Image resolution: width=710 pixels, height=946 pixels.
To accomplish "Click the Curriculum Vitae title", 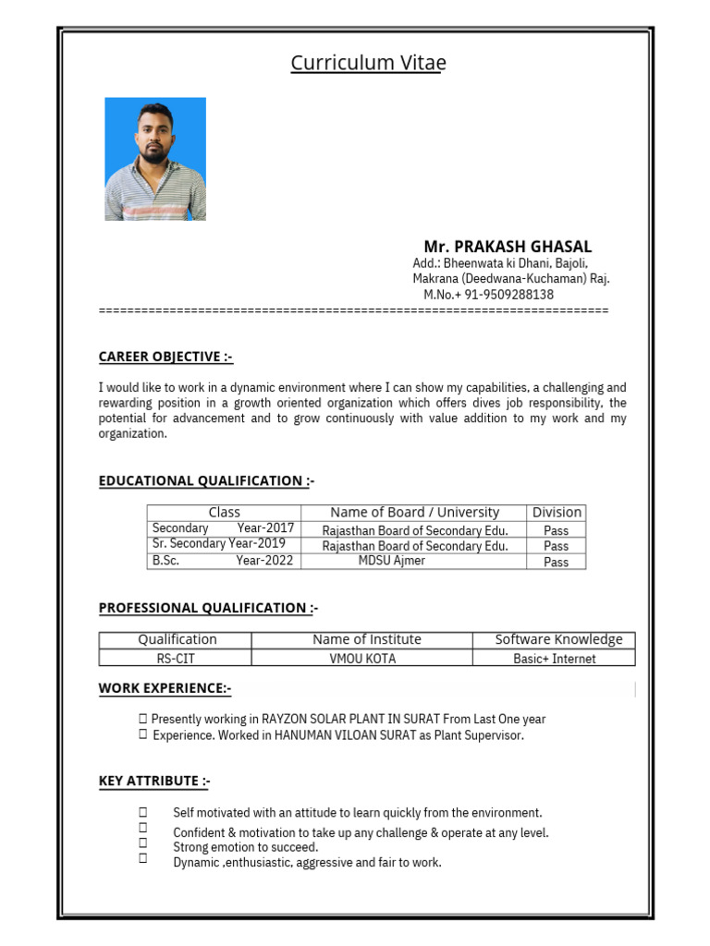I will (368, 63).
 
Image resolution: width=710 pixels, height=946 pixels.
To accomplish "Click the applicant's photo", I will (155, 159).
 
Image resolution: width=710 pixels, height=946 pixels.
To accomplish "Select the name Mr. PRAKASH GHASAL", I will (508, 247).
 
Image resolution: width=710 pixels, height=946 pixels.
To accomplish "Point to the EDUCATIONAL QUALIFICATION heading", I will (206, 480).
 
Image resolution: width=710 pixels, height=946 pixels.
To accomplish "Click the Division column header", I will (557, 513).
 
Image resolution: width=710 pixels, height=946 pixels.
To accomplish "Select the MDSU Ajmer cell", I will (392, 561).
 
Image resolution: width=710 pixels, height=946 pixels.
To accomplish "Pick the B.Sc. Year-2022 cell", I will (223, 561).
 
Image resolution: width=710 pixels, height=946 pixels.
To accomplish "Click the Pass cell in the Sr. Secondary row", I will (557, 546).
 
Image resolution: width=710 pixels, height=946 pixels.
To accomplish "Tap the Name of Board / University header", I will (414, 513).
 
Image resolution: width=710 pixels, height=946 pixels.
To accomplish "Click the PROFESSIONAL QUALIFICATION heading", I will (208, 608).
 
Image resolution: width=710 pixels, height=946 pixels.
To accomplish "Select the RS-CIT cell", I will (176, 659).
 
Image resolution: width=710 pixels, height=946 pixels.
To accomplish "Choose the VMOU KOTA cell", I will (361, 659).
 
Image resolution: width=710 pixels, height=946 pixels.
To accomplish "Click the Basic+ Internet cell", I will (554, 659).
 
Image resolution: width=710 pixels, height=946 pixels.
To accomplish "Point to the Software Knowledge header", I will (558, 639).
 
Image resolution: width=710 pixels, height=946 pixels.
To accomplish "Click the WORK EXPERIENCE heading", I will (165, 687).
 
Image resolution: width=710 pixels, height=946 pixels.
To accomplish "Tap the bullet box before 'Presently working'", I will (143, 718).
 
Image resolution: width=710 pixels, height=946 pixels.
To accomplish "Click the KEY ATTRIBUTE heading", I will (154, 782).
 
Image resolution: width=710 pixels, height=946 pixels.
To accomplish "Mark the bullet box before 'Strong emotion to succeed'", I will (143, 843).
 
